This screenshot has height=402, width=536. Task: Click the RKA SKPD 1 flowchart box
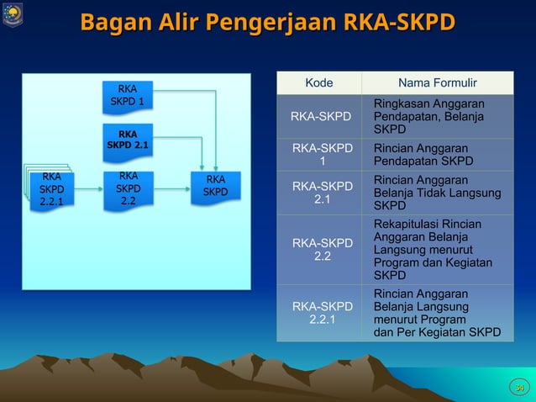(x=128, y=95)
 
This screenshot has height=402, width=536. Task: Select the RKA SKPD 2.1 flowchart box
(x=128, y=141)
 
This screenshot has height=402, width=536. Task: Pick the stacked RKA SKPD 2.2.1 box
(x=51, y=189)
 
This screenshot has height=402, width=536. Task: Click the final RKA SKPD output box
(x=215, y=186)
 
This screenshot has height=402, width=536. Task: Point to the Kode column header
(x=318, y=82)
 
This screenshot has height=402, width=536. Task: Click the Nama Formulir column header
(x=437, y=82)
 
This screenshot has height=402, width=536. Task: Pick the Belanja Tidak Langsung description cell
(x=437, y=193)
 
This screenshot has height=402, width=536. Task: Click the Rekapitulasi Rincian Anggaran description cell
(x=437, y=250)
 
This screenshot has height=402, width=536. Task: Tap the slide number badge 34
(x=519, y=386)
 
